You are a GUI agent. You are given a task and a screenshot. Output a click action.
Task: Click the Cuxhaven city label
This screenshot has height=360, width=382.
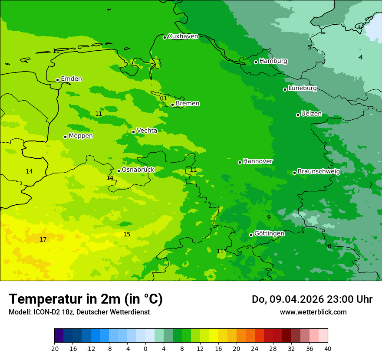pos(183,36)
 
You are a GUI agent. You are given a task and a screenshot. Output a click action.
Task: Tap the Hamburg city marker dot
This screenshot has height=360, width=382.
pos(256,62)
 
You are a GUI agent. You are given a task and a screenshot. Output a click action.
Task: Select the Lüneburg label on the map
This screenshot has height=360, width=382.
pos(303,88)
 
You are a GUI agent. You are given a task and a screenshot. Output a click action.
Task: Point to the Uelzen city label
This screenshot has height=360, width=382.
pos(311,114)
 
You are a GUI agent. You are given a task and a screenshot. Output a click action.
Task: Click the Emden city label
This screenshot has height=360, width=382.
pos(71,79)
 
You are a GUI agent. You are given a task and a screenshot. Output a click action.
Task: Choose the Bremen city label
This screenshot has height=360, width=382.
pos(188,104)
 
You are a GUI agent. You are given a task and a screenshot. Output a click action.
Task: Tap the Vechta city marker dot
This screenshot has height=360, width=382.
pos(133,132)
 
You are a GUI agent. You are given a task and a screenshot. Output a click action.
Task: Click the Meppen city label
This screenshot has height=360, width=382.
pos(81,136)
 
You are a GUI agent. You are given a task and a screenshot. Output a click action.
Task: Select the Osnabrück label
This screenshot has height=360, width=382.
pos(138,170)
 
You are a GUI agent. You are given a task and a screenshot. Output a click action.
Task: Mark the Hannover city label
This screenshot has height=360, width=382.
pos(258,161)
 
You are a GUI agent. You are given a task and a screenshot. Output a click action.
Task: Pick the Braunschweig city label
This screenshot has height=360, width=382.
pos(319,172)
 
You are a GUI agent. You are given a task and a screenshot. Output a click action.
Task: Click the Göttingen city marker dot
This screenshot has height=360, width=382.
pos(251,235)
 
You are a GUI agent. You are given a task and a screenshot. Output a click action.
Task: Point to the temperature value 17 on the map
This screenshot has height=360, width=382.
pos(43,240)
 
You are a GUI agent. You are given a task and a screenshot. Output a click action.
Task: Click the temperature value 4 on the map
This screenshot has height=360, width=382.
pos(360,57)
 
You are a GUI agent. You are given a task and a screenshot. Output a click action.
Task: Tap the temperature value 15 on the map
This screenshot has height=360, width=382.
pos(127,235)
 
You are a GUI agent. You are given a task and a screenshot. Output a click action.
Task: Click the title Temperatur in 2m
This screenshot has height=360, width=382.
pos(86,299)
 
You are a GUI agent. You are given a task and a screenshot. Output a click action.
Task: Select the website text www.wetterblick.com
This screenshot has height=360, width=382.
pos(313,312)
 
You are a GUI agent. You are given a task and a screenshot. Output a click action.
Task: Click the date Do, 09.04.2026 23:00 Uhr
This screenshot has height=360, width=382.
pos(312,299)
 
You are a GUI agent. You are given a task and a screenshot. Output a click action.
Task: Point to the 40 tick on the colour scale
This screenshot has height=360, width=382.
pos(328,348)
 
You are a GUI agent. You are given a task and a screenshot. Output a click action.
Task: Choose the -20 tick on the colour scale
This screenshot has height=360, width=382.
pos(54,348)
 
